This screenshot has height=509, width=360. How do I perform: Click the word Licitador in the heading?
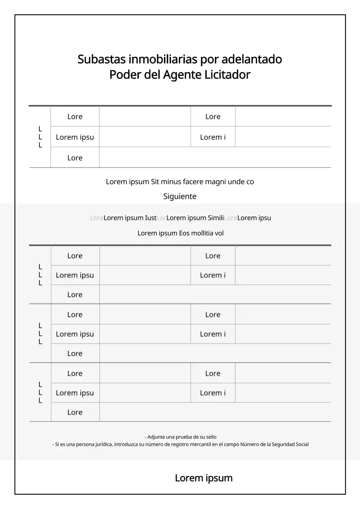227,75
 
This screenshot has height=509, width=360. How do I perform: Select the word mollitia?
202,233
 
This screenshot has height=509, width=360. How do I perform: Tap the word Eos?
184,233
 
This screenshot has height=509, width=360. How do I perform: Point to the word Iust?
151,218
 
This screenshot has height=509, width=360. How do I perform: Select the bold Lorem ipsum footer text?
204,478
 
